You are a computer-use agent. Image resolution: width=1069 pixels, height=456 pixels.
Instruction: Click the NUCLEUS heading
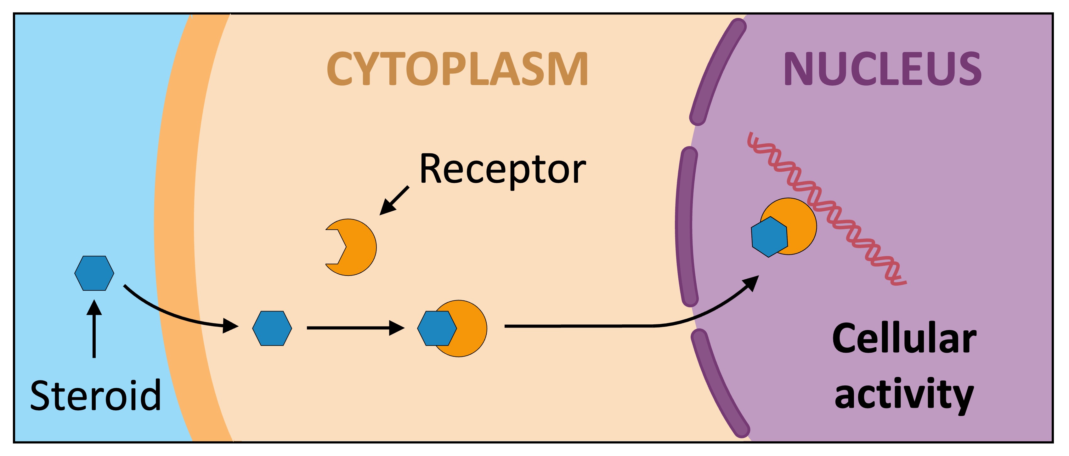pos(882,69)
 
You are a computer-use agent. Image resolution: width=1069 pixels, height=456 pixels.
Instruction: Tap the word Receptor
pos(502,169)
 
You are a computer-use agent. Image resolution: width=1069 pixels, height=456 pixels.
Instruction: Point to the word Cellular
pos(904,339)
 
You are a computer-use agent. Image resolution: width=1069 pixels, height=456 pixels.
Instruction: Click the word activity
pos(904,395)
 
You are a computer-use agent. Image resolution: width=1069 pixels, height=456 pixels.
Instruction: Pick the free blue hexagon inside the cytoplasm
pos(272,328)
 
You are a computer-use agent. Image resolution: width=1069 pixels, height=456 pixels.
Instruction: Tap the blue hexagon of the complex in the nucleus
pos(769,237)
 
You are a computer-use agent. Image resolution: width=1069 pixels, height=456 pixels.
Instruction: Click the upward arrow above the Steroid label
pos(94,328)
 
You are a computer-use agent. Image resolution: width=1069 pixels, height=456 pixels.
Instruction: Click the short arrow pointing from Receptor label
pos(394,201)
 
